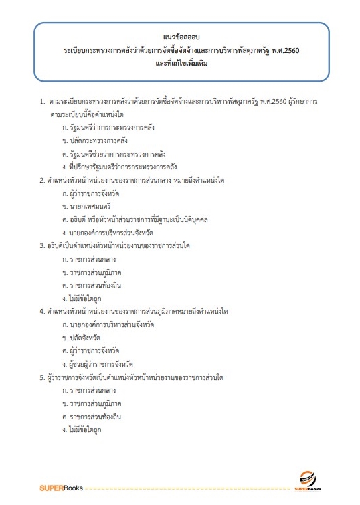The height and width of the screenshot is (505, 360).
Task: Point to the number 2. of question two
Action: point(42,179)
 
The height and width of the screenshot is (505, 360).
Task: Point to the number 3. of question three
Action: point(42,245)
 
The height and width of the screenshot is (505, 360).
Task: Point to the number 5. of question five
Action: point(42,377)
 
